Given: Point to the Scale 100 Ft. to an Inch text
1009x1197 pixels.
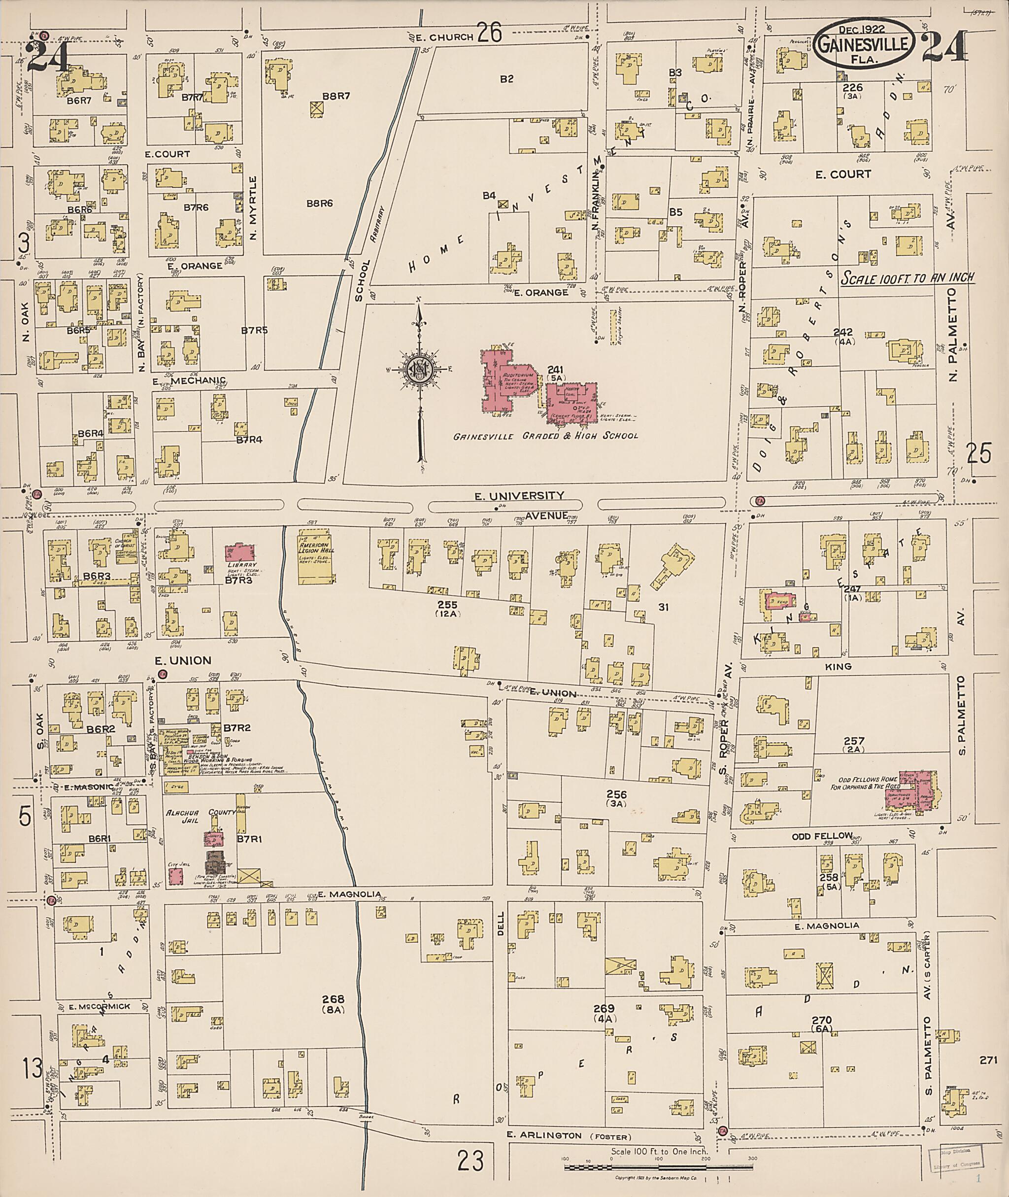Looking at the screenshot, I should [x=907, y=277].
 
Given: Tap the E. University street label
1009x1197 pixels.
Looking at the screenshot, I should [x=519, y=496].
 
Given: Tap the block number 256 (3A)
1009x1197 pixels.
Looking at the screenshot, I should [x=617, y=798].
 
